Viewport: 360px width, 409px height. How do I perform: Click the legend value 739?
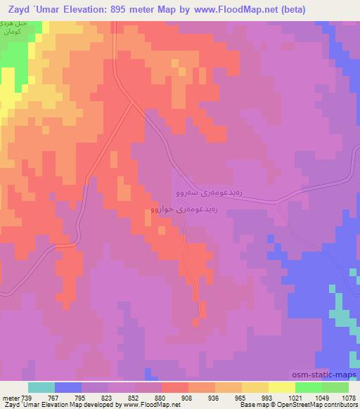pyautogui.click(x=27, y=398)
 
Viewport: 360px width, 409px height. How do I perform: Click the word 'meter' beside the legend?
pyautogui.click(x=10, y=398)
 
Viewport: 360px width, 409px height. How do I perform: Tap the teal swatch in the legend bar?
pyautogui.click(x=41, y=387)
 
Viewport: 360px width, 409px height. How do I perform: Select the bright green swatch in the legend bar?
pyautogui.click(x=308, y=387)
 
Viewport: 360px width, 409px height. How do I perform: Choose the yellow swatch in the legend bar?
pyautogui.click(x=281, y=387)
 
